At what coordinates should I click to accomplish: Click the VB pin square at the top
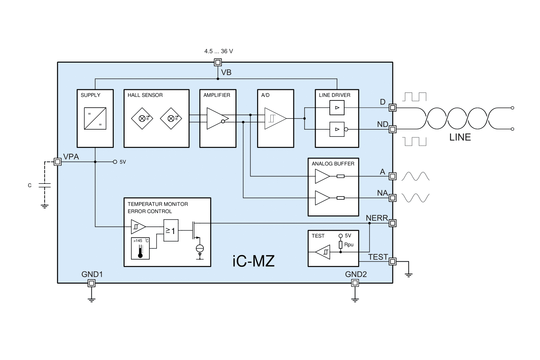(218, 62)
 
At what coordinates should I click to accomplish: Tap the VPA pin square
(58, 162)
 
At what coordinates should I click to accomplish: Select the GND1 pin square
(91, 283)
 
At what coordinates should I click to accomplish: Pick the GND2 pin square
(355, 283)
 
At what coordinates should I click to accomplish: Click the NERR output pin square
(393, 223)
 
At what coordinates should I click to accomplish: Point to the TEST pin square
(393, 261)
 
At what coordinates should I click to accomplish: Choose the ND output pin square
(393, 129)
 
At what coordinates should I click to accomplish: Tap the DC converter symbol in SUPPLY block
(95, 118)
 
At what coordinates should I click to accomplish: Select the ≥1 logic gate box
(171, 230)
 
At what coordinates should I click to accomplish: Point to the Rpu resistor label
(349, 245)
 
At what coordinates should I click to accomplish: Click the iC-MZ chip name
(253, 261)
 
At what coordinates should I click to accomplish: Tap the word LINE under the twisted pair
(460, 138)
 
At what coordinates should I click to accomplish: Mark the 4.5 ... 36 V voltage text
(219, 51)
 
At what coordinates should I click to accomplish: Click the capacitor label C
(30, 186)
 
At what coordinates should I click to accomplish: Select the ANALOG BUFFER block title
(333, 164)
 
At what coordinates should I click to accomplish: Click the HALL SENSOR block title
(145, 95)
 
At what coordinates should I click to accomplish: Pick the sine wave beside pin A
(415, 176)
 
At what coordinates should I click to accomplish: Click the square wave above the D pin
(415, 96)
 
